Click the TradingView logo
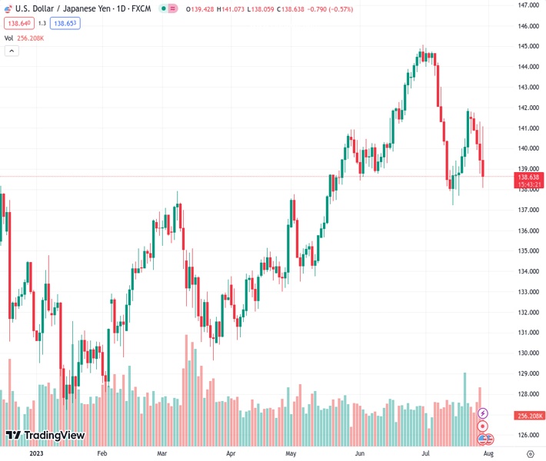click(45, 436)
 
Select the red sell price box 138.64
click(18, 23)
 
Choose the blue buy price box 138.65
click(66, 23)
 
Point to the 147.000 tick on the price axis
click(527, 5)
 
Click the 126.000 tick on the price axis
click(527, 435)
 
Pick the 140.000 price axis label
click(527, 148)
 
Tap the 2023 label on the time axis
click(35, 454)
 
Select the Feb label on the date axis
click(102, 454)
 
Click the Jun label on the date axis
click(359, 454)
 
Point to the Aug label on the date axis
click(488, 454)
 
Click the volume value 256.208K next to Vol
click(33, 38)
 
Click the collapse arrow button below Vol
click(12, 51)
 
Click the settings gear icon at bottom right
click(530, 454)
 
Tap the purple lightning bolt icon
click(483, 413)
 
